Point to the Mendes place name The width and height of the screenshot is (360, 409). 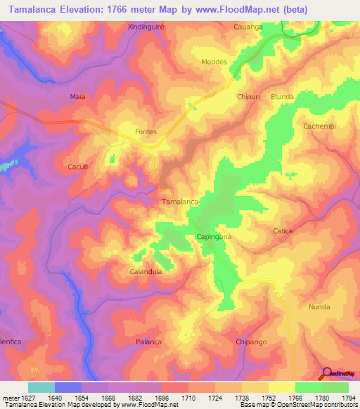pos(214,62)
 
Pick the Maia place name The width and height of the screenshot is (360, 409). pos(77,96)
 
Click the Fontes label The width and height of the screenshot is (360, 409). pos(146,131)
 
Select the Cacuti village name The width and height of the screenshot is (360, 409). pos(77,166)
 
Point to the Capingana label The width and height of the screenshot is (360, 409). pos(214,237)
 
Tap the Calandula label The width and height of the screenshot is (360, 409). pos(146,271)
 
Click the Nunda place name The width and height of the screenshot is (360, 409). pos(319,307)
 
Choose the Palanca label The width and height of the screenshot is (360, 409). pos(148,342)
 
